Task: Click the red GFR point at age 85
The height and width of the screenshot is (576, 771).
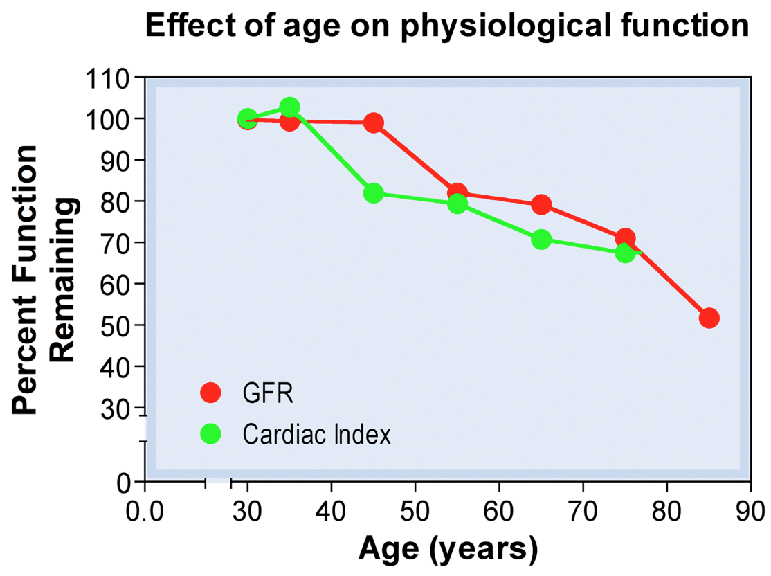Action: click(x=709, y=318)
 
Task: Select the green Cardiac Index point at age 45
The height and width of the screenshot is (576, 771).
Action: click(x=374, y=193)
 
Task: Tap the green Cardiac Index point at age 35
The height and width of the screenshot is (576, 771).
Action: click(x=290, y=107)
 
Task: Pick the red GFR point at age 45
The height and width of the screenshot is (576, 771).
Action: click(x=374, y=123)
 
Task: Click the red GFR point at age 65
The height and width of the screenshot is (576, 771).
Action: click(x=541, y=205)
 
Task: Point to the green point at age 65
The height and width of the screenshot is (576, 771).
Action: click(x=541, y=240)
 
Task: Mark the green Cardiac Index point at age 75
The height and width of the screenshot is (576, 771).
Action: click(x=625, y=253)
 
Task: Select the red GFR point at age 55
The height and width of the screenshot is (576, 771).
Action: click(x=457, y=192)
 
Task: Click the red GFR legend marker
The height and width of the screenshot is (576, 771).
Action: click(x=210, y=393)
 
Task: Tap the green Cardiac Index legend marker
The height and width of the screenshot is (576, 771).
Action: click(x=210, y=434)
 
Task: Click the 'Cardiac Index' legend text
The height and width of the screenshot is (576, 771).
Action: click(x=316, y=435)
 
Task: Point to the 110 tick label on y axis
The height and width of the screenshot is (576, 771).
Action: click(x=107, y=78)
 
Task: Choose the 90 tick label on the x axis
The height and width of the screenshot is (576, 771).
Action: click(x=751, y=514)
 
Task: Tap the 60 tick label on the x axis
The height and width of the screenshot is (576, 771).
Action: click(x=498, y=514)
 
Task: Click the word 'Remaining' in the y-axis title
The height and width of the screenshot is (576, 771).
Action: click(x=63, y=280)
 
